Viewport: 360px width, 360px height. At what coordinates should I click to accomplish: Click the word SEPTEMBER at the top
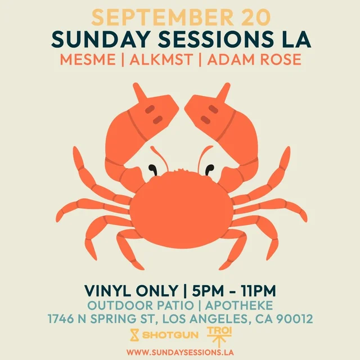click(162, 17)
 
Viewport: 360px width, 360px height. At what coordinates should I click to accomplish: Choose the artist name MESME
click(88, 59)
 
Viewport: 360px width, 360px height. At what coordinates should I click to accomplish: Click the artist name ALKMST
click(161, 59)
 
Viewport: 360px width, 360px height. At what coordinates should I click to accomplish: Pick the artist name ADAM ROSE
click(254, 59)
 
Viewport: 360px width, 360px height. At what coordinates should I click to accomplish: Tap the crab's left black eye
click(152, 170)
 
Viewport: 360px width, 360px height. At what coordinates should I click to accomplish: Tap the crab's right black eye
click(209, 170)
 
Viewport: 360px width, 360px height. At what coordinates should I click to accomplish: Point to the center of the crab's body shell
click(182, 210)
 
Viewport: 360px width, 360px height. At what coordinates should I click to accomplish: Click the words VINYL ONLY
click(131, 291)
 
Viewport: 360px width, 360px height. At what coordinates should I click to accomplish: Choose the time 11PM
click(258, 291)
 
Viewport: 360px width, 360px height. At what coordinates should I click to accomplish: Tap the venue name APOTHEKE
click(238, 305)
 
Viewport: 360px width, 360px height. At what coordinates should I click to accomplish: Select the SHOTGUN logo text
click(170, 335)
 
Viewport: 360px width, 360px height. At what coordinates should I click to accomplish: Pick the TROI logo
click(219, 337)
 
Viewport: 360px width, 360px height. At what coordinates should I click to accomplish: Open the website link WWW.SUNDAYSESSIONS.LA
click(180, 353)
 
